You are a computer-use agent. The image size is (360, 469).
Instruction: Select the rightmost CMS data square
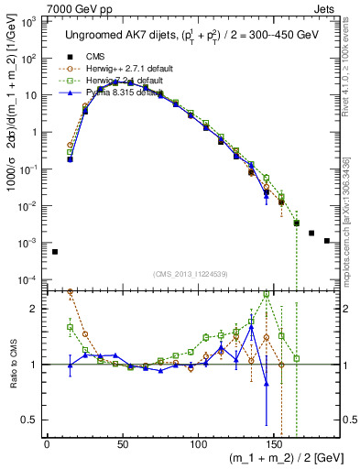327,241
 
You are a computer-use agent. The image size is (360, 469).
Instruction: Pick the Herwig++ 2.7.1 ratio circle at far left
71,291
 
